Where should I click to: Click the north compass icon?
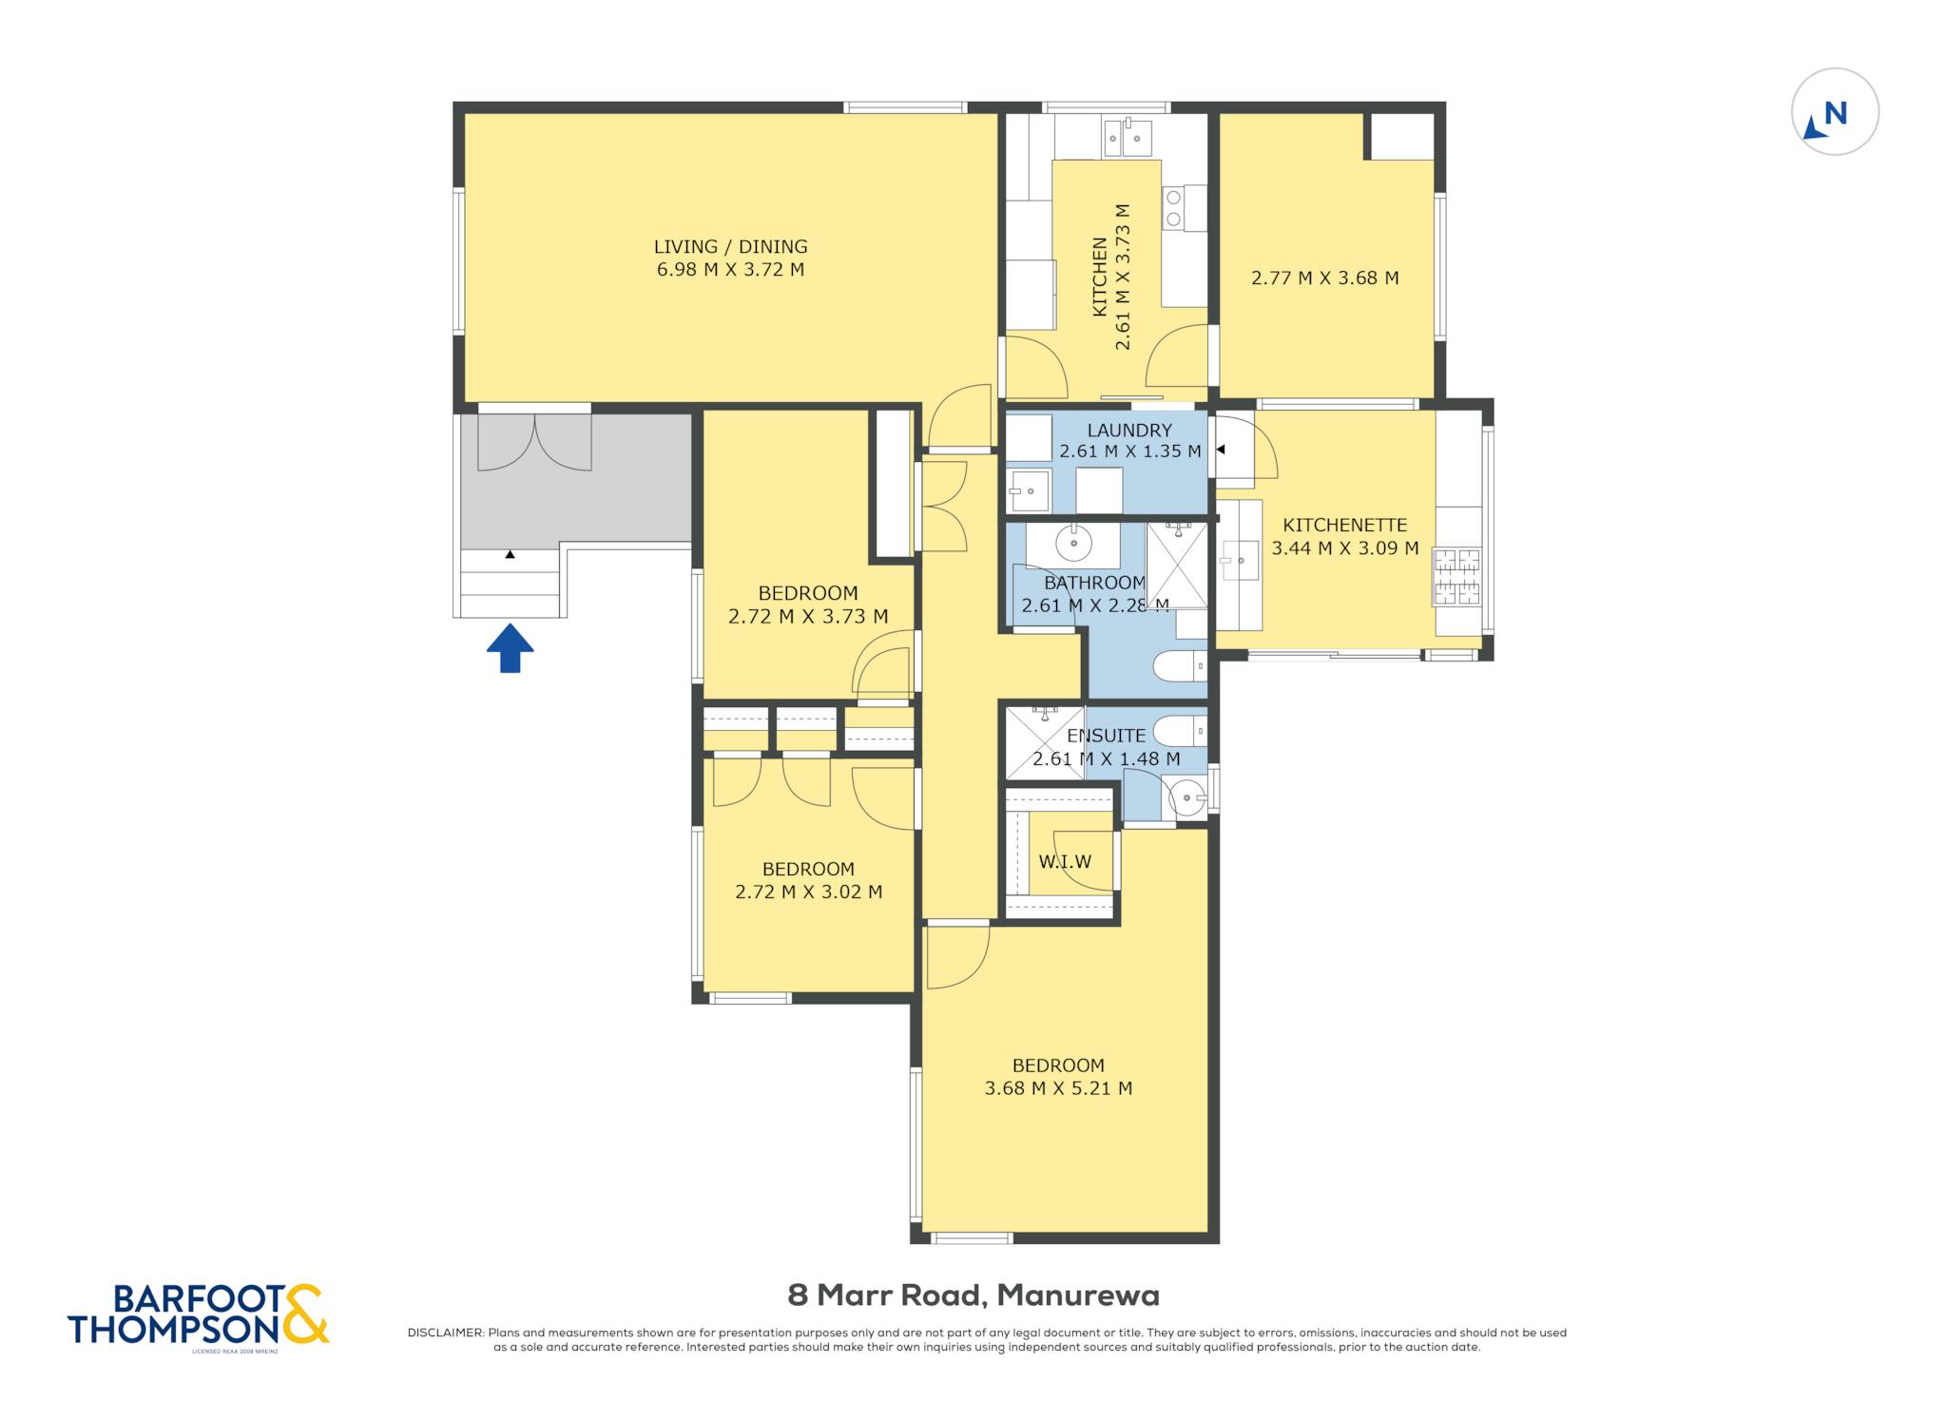click(x=1835, y=112)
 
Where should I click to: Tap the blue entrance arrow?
click(x=511, y=648)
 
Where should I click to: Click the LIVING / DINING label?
click(x=730, y=247)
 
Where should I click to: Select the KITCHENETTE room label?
click(x=1344, y=526)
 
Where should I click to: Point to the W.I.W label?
click(x=1065, y=862)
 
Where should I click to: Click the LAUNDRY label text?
click(x=1129, y=431)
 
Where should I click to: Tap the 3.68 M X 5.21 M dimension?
click(x=1058, y=1088)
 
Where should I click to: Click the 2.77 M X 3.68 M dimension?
click(x=1324, y=278)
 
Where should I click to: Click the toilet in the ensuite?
click(x=1180, y=731)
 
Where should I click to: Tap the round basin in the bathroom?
click(x=1073, y=544)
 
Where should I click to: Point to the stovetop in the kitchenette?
click(x=1456, y=576)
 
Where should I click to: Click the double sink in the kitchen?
click(x=1127, y=138)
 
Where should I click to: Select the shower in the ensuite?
click(x=1045, y=743)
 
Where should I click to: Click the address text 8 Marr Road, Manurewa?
click(x=973, y=1295)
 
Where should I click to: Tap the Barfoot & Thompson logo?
click(x=198, y=1316)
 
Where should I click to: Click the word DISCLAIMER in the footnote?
click(x=445, y=1333)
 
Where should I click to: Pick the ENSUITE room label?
click(x=1106, y=736)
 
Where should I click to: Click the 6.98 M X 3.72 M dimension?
click(x=730, y=270)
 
